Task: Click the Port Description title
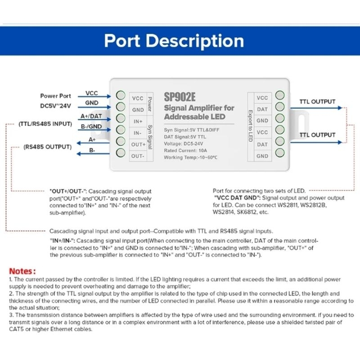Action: (174, 41)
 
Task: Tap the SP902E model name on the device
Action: (180, 97)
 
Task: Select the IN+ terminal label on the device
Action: (138, 121)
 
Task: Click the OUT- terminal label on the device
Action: (138, 156)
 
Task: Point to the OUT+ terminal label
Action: (138, 144)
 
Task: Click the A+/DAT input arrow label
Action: (91, 116)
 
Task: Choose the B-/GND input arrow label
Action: (91, 126)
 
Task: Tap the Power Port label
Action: (55, 96)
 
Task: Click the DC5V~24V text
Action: (55, 106)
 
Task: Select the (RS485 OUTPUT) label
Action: (48, 147)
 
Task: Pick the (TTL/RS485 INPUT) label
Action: (45, 124)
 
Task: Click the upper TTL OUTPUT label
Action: (317, 102)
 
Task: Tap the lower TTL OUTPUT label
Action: (317, 135)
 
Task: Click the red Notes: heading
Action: (22, 271)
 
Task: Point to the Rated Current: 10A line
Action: (185, 151)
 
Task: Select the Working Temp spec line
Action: (190, 157)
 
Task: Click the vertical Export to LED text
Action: (251, 126)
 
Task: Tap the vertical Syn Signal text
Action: (150, 137)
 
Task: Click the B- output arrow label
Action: (92, 150)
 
